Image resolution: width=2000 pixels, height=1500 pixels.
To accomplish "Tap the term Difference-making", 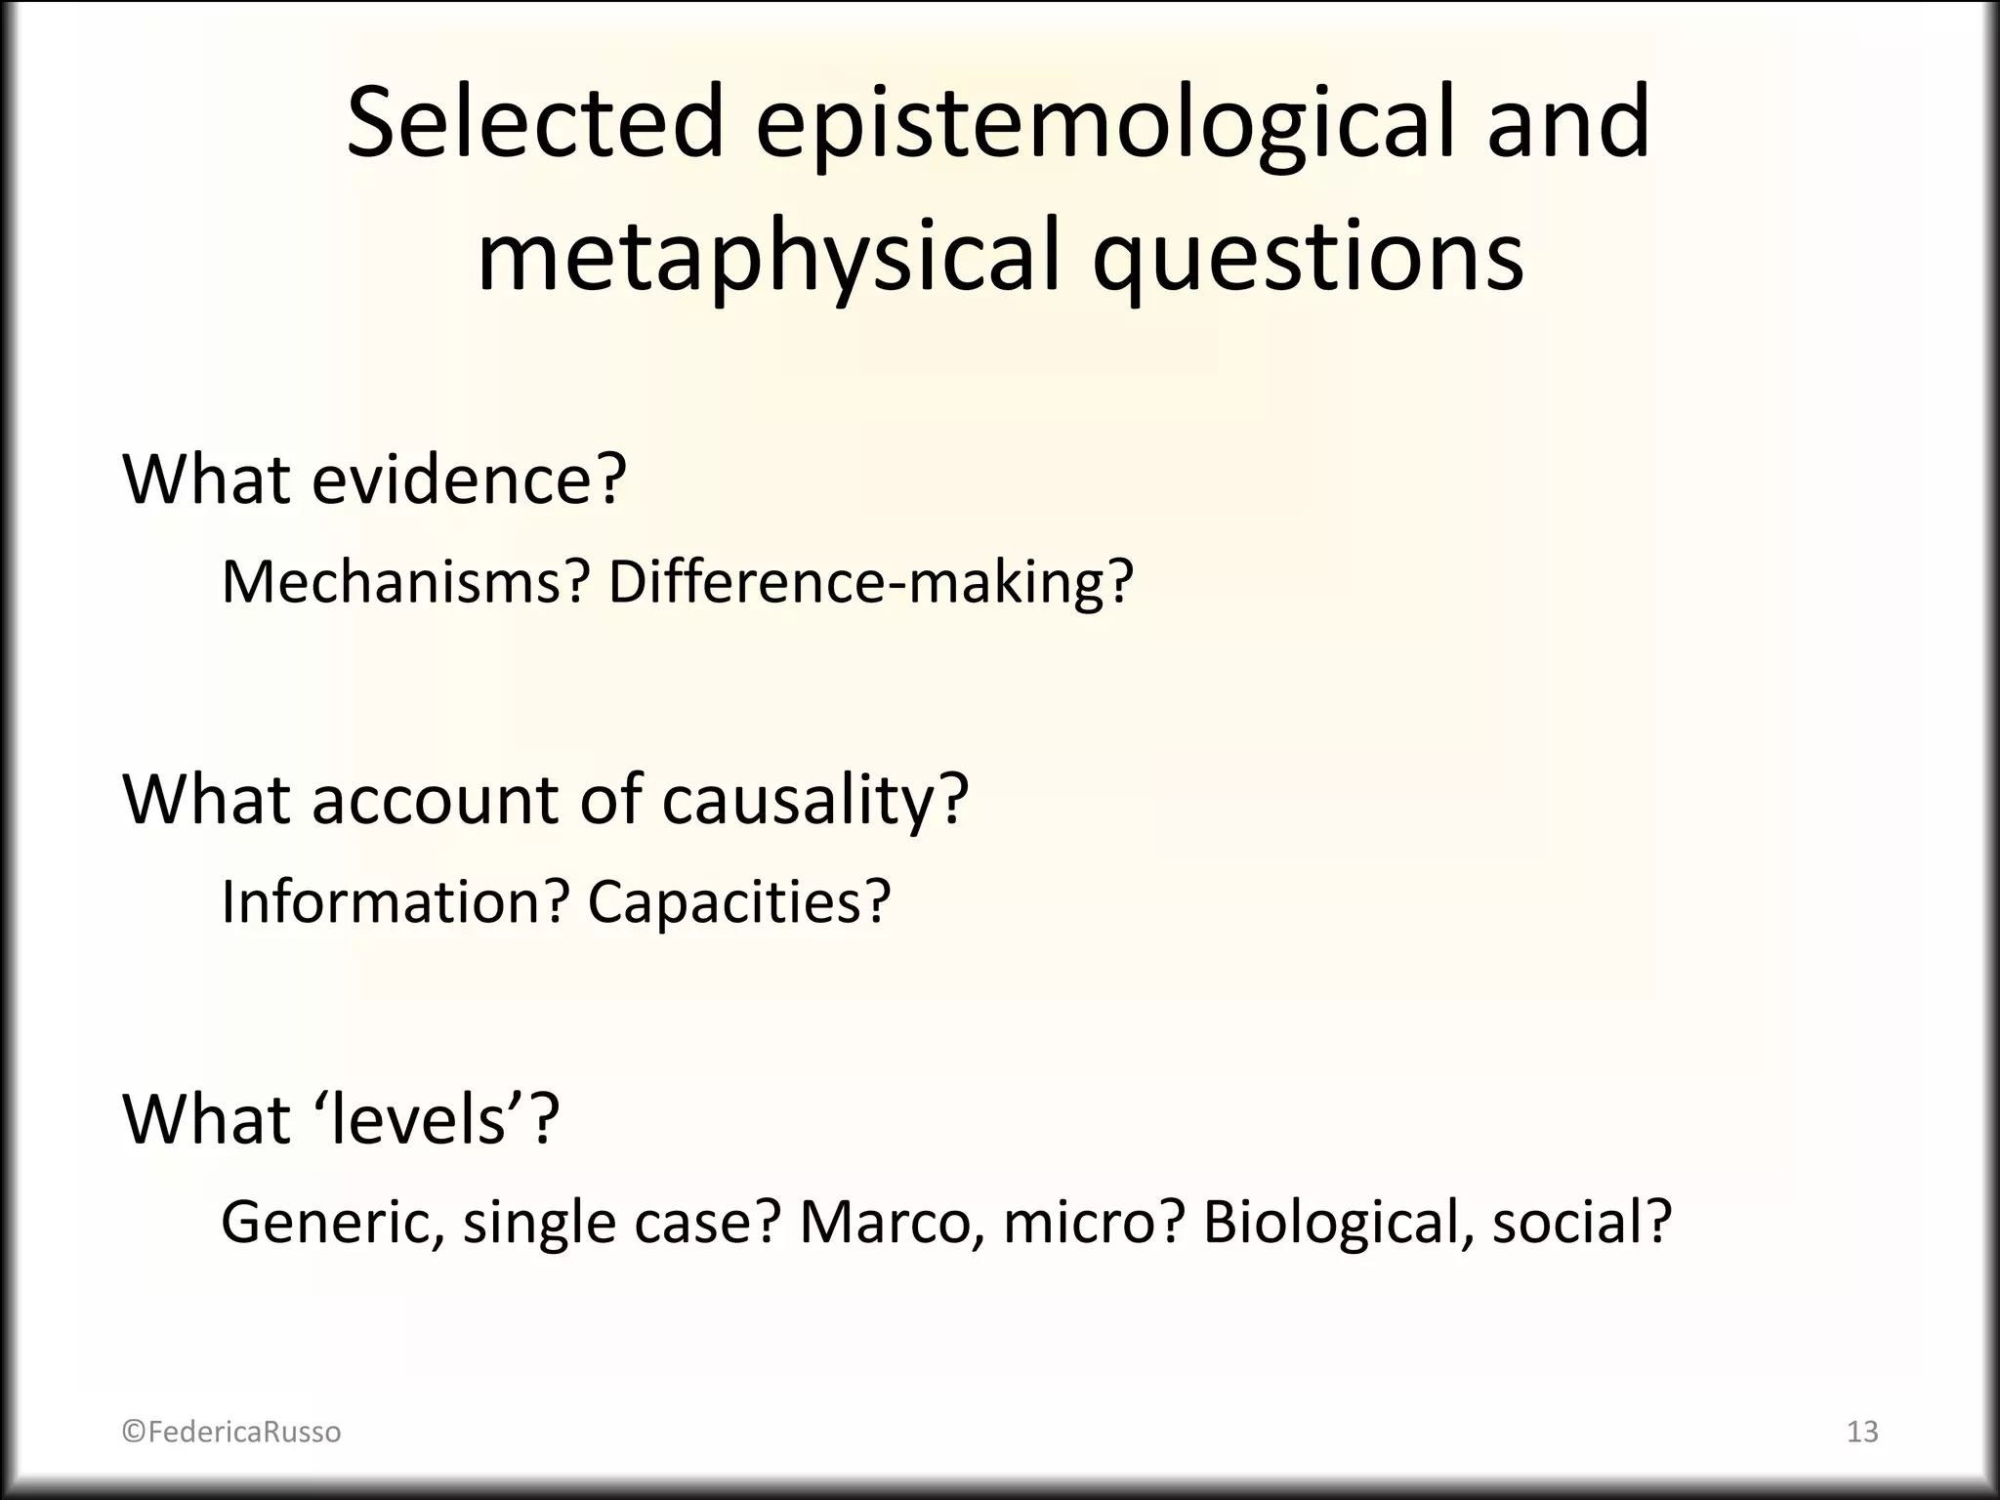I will (x=869, y=582).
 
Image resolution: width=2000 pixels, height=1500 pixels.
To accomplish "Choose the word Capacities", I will (x=738, y=900).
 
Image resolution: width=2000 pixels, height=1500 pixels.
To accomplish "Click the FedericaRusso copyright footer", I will (x=231, y=1432).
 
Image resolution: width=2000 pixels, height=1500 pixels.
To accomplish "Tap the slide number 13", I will (x=1862, y=1432).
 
